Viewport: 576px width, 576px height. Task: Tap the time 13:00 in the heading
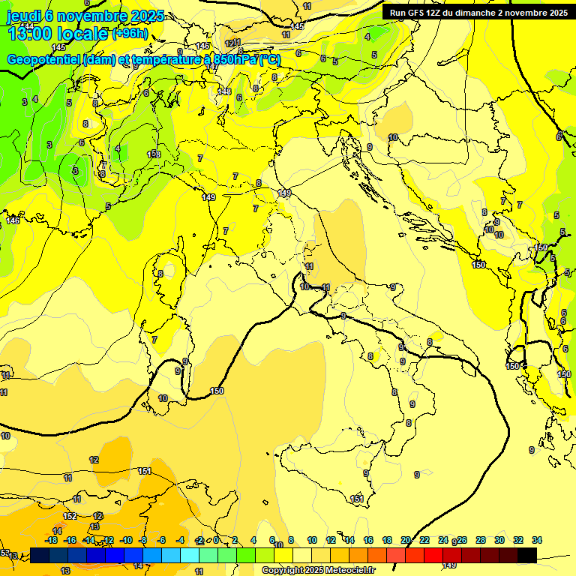point(30,34)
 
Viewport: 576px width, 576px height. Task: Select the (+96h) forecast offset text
point(130,34)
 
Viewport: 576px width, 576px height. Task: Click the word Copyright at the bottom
point(283,571)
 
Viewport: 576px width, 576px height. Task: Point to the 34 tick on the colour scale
point(537,540)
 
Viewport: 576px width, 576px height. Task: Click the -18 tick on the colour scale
point(52,540)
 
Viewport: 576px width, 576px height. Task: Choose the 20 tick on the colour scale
point(406,540)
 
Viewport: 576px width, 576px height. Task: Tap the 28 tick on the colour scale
point(481,540)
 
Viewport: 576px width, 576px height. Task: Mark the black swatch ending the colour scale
point(526,555)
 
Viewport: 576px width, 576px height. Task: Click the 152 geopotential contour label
point(70,516)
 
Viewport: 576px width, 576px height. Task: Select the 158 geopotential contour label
point(154,154)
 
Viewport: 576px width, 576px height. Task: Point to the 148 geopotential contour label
point(224,91)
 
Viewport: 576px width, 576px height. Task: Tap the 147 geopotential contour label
point(213,67)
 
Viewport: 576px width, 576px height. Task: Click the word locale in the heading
point(84,34)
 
